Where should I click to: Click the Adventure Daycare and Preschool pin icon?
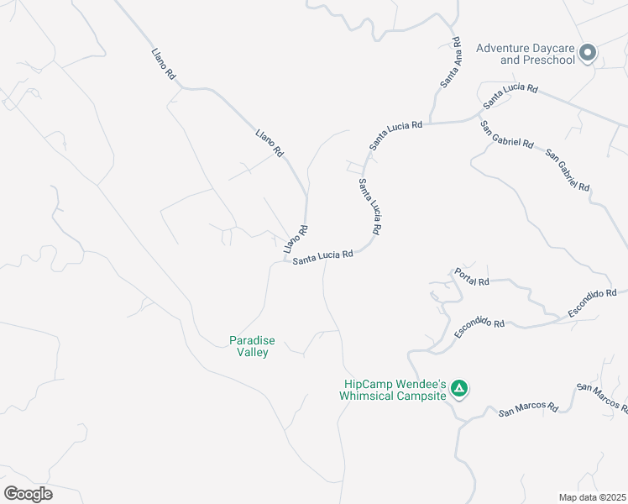click(x=588, y=53)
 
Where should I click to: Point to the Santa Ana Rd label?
click(x=451, y=62)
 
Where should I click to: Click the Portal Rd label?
click(x=471, y=277)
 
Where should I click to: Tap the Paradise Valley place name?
click(x=252, y=346)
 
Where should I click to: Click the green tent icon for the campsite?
click(x=458, y=388)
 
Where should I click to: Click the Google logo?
click(x=28, y=494)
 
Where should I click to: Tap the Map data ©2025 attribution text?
click(x=592, y=497)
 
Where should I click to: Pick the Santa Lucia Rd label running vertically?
click(x=371, y=207)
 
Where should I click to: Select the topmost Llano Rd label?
click(x=163, y=64)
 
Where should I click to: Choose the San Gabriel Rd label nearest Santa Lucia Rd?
click(x=506, y=134)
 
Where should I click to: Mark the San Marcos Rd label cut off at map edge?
click(x=602, y=399)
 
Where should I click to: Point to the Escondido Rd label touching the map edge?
click(x=592, y=303)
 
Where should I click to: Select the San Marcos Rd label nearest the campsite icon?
click(x=529, y=409)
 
